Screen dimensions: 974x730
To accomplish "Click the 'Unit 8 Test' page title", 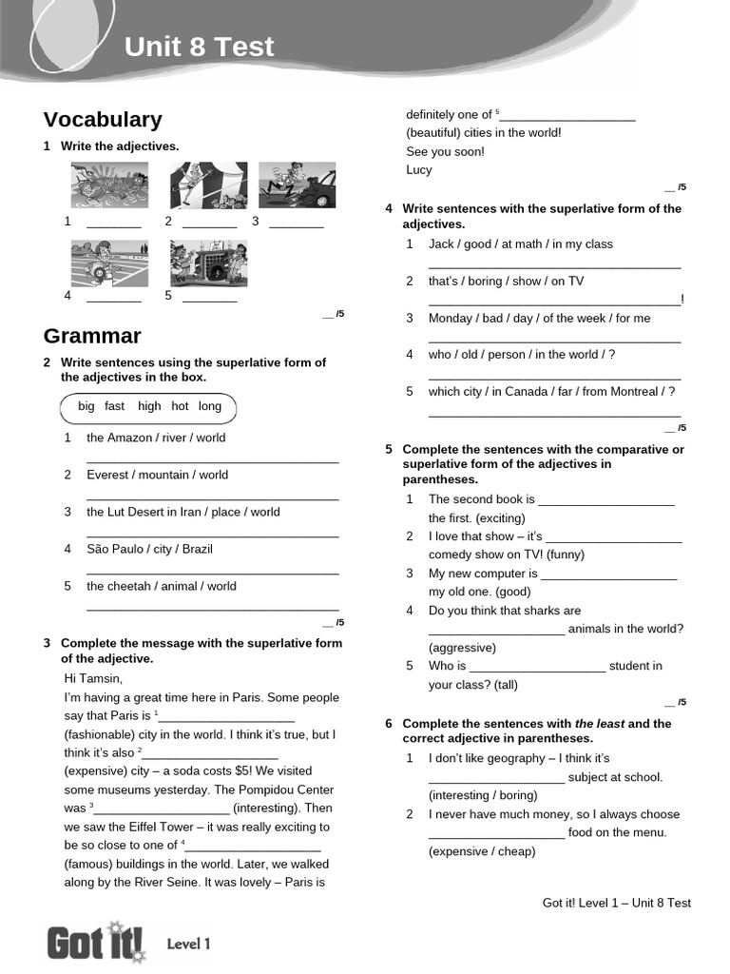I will (x=200, y=47).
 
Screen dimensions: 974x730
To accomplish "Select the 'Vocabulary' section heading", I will (x=103, y=120).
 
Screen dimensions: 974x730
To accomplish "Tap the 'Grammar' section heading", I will (x=92, y=336).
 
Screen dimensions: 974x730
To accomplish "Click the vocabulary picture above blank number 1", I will (x=109, y=185).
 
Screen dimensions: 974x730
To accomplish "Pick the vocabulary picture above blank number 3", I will (x=297, y=185).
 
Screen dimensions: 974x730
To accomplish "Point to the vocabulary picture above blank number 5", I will (x=208, y=263).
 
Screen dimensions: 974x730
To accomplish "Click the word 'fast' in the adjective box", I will (x=115, y=406).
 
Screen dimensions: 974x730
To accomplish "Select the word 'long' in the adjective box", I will (x=209, y=406).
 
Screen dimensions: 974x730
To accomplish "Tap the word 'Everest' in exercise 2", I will (x=106, y=475).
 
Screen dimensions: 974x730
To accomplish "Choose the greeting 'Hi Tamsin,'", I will (x=93, y=679).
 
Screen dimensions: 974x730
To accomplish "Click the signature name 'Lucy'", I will (x=418, y=170).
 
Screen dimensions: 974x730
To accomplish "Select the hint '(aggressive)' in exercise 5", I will (x=462, y=648).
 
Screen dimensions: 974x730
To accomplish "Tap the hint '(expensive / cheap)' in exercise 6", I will (x=482, y=851).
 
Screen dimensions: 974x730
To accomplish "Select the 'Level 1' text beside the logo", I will (x=188, y=945).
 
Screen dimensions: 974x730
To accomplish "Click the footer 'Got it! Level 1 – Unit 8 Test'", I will (x=616, y=903).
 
